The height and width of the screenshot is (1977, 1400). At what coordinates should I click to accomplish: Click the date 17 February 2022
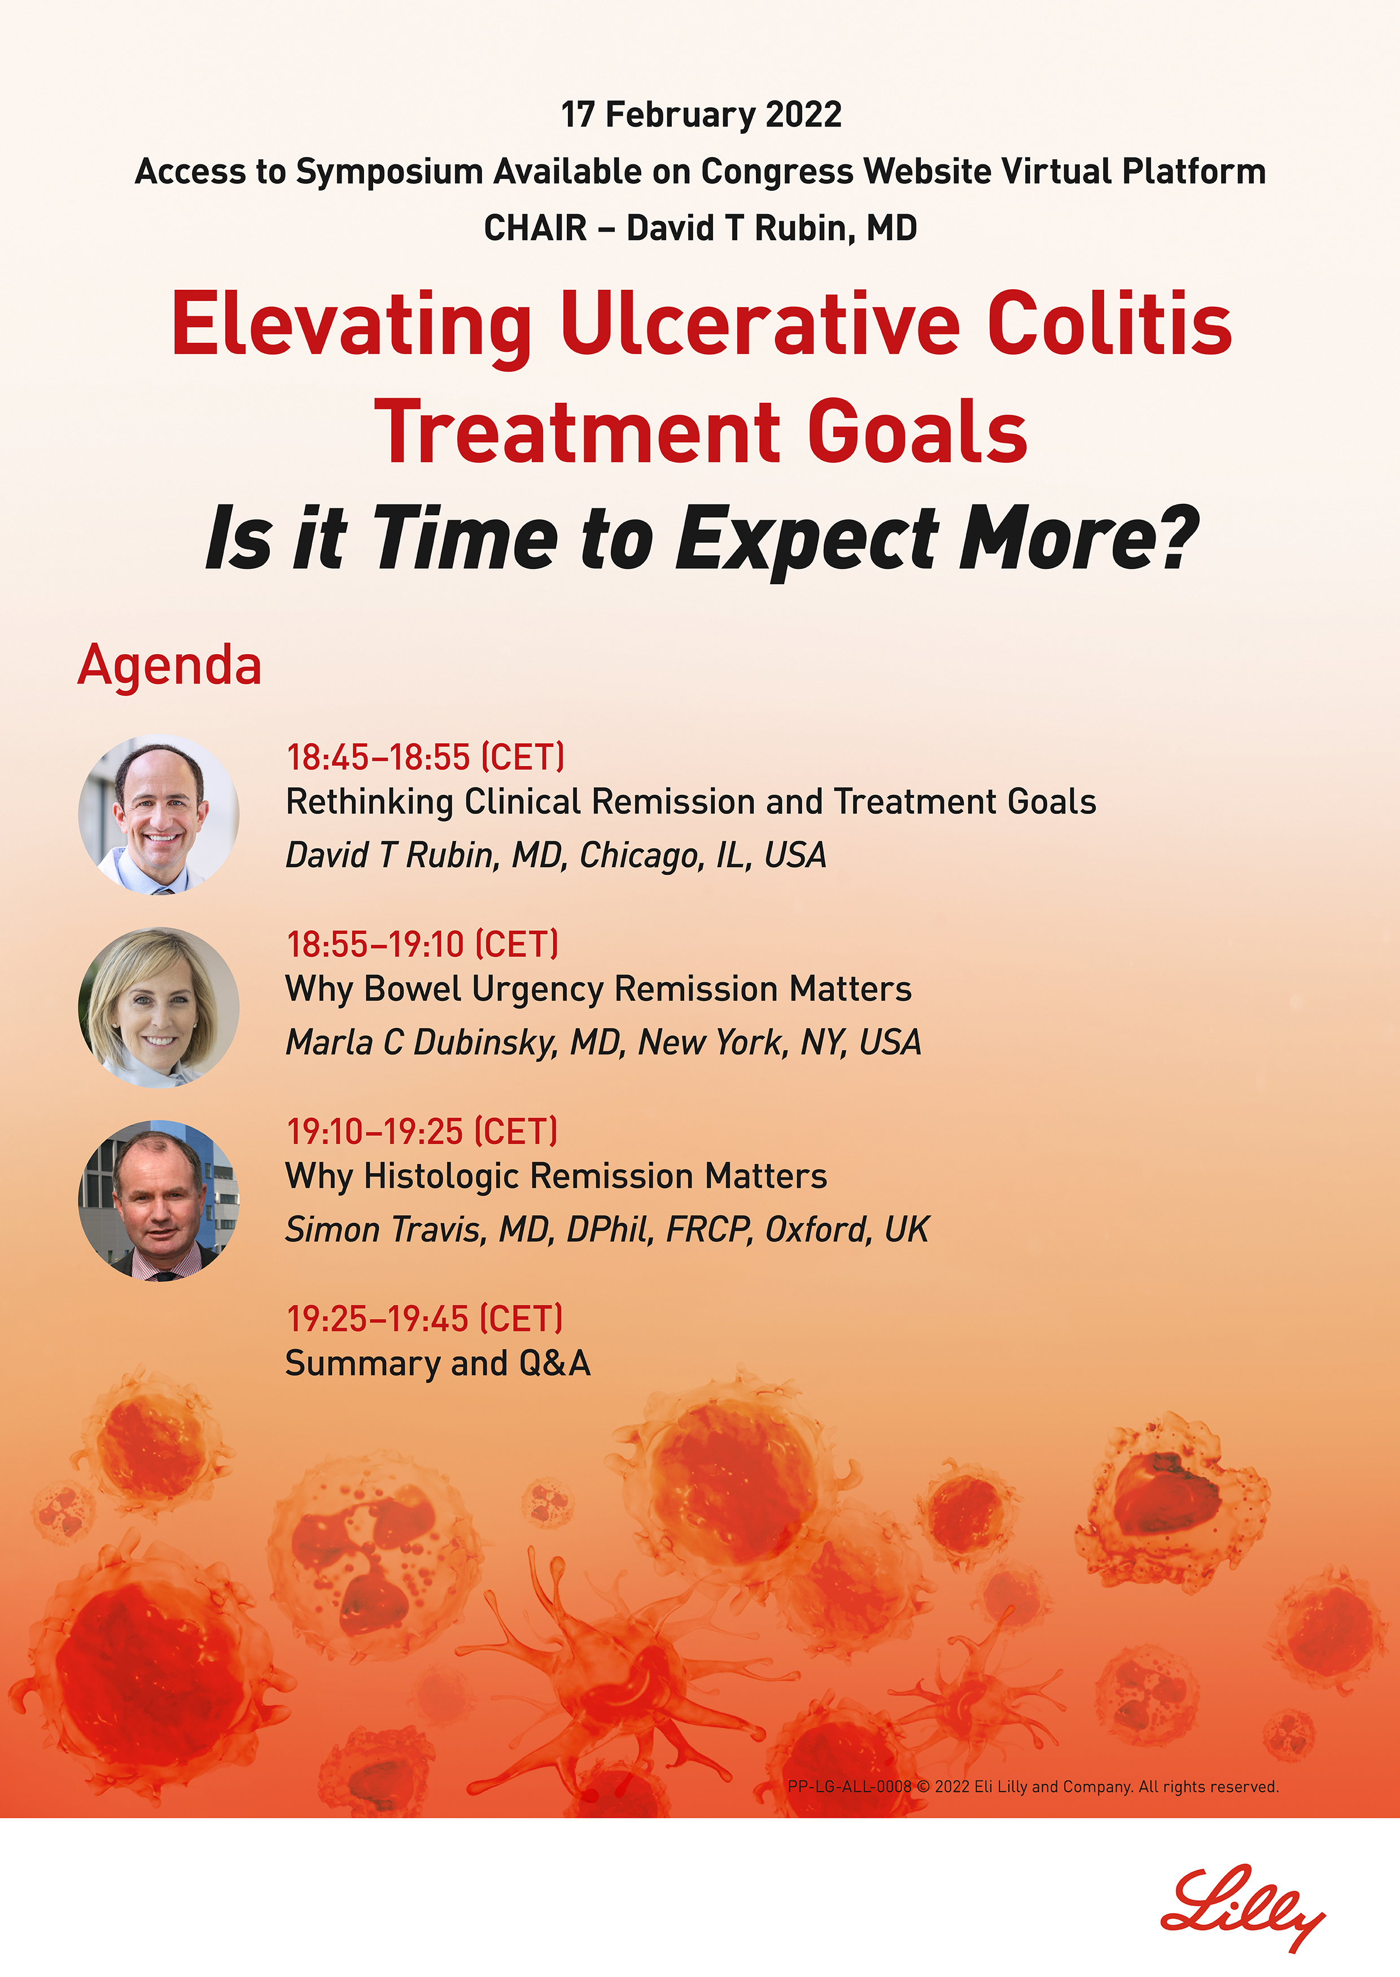tap(701, 115)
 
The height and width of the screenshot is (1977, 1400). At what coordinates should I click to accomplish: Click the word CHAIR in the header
tap(535, 229)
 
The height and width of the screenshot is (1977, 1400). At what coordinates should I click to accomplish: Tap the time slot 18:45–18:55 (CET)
tap(426, 757)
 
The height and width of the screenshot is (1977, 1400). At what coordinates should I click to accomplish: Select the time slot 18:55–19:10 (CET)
tap(422, 944)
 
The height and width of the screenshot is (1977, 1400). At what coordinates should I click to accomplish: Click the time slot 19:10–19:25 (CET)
tap(422, 1131)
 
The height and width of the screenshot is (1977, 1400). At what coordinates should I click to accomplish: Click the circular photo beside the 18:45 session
tap(159, 815)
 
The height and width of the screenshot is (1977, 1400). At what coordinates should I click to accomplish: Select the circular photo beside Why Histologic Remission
tap(159, 1200)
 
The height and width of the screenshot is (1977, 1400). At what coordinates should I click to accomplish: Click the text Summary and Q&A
tap(438, 1364)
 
